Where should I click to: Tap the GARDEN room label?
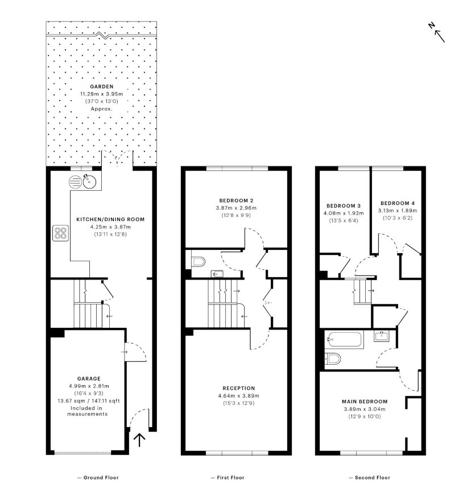pos(101,86)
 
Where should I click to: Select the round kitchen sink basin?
pos(88,182)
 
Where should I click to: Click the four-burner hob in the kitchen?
pos(61,233)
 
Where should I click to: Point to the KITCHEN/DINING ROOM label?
pos(110,219)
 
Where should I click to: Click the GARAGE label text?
pos(89,378)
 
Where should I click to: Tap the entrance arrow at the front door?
pos(139,440)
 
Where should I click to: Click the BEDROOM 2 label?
pos(236,200)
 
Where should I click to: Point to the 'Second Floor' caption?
pos(369,478)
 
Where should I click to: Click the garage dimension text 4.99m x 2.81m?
pos(89,386)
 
